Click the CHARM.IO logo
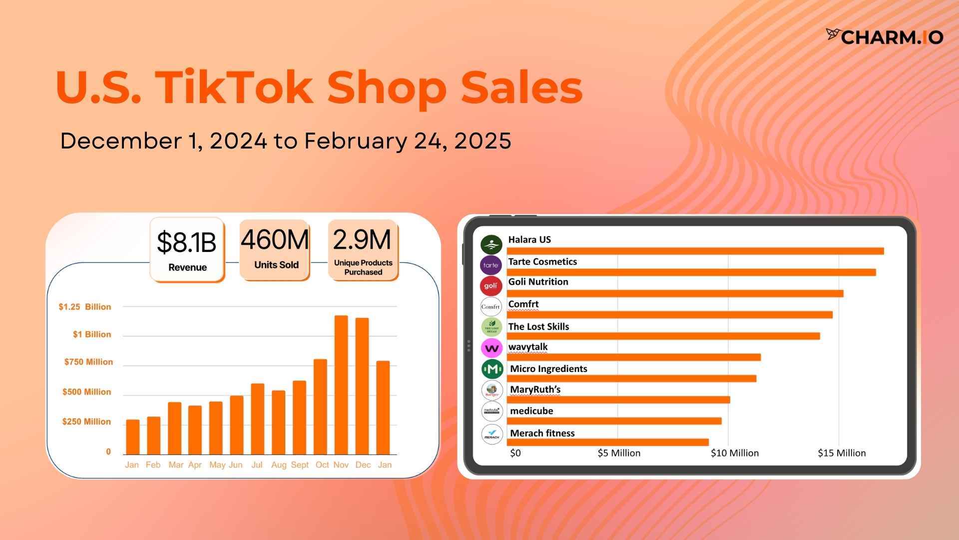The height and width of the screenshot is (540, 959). pyautogui.click(x=885, y=36)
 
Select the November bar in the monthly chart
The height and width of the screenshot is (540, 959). pyautogui.click(x=341, y=385)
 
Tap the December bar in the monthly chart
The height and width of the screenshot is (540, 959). pyautogui.click(x=362, y=386)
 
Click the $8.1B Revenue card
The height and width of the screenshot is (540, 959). pyautogui.click(x=187, y=250)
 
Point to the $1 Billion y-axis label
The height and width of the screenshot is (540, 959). pyautogui.click(x=92, y=334)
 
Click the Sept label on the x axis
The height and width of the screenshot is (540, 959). pyautogui.click(x=300, y=465)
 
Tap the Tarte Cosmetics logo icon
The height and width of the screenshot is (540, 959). pyautogui.click(x=491, y=265)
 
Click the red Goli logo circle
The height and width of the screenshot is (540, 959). pyautogui.click(x=491, y=286)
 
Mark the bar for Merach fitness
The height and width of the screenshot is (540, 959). pyautogui.click(x=608, y=442)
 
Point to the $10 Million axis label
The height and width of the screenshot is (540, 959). pyautogui.click(x=735, y=453)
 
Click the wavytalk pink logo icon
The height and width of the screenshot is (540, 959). pyautogui.click(x=491, y=348)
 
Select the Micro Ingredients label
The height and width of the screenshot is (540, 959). pyautogui.click(x=548, y=369)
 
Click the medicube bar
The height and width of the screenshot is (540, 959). pyautogui.click(x=614, y=421)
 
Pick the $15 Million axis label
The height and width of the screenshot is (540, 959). pyautogui.click(x=842, y=453)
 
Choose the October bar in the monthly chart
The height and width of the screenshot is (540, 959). pyautogui.click(x=320, y=406)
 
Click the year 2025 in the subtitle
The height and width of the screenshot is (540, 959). pyautogui.click(x=482, y=141)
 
